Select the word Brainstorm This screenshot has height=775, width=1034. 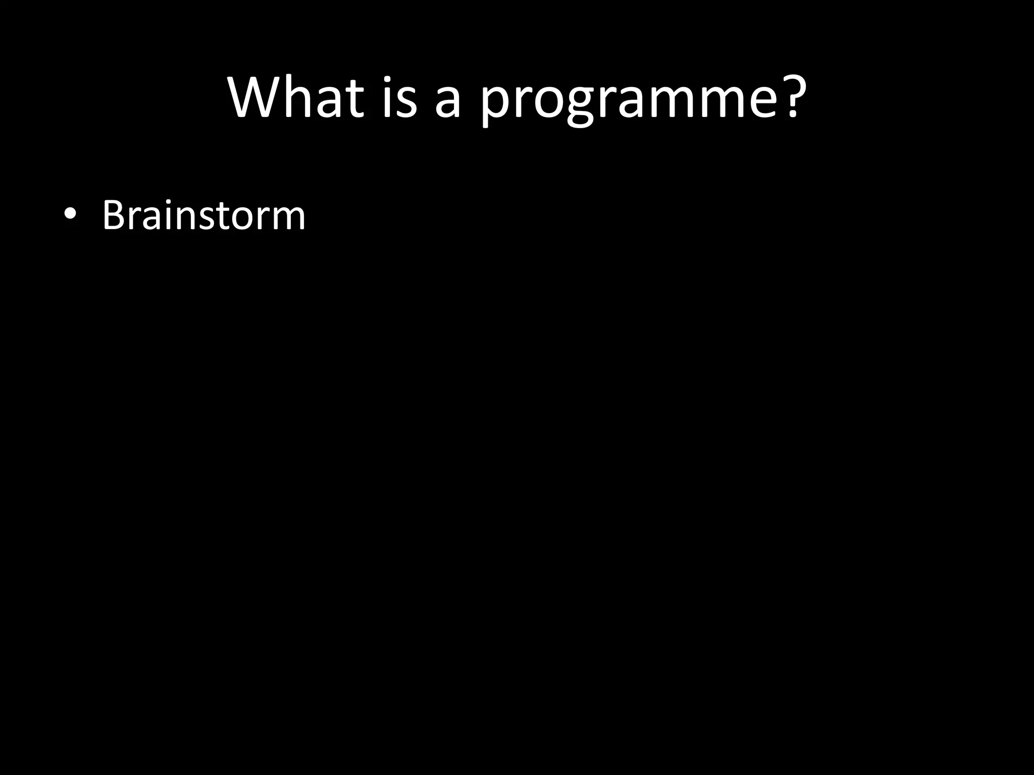203,215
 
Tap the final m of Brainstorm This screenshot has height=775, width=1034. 288,219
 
